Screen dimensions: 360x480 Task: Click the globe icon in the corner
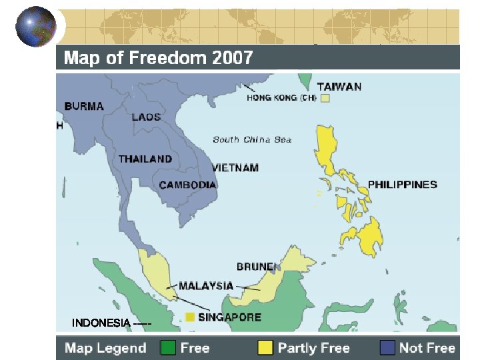click(36, 27)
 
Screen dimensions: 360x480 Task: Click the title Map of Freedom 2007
click(158, 58)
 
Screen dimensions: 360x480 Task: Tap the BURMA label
click(84, 105)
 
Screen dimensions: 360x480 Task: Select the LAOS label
click(146, 117)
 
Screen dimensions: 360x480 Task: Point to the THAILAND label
click(145, 159)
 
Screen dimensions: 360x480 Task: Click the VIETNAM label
click(235, 168)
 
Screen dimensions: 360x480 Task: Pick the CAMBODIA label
click(188, 185)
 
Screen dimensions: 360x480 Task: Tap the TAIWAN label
click(339, 86)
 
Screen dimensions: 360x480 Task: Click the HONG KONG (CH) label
click(281, 97)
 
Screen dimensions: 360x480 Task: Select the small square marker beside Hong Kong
click(325, 98)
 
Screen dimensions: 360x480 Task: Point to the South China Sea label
click(252, 139)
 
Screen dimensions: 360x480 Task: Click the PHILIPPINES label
click(403, 184)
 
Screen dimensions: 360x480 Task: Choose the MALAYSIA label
click(206, 286)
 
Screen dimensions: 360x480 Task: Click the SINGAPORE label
click(229, 317)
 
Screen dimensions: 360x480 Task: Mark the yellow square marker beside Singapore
click(190, 317)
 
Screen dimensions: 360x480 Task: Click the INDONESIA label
click(101, 323)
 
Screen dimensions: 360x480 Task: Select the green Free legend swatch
click(167, 347)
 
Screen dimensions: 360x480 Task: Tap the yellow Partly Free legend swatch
click(265, 347)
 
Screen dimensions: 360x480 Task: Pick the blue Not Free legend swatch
click(387, 347)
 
